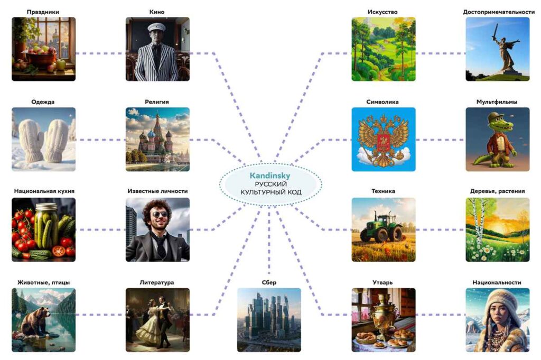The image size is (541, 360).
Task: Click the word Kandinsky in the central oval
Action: [x=270, y=175]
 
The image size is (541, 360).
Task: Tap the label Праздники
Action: [x=43, y=11]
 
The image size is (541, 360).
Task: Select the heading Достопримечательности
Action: [x=497, y=11]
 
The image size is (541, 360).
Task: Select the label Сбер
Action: [x=269, y=282]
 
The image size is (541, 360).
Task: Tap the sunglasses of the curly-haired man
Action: [x=160, y=214]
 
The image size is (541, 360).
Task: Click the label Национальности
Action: [x=497, y=282]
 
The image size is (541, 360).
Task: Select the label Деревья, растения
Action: [x=497, y=191]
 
